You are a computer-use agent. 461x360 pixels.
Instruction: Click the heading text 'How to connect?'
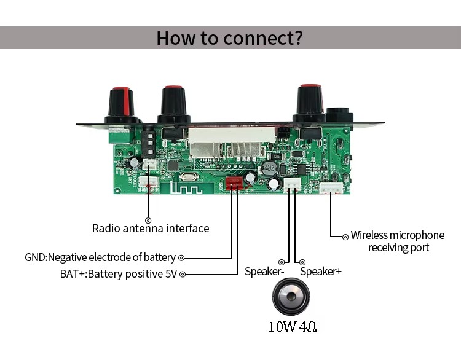click(x=230, y=37)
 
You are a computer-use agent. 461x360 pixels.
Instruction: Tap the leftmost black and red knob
click(x=120, y=105)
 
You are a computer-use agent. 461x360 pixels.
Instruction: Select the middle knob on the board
click(x=173, y=103)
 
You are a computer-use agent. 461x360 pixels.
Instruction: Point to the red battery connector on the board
click(x=234, y=183)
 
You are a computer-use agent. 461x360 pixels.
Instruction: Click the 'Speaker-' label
click(x=264, y=272)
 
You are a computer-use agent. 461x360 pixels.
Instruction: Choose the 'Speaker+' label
click(x=320, y=272)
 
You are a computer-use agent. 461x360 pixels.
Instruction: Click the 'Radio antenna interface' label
click(x=151, y=229)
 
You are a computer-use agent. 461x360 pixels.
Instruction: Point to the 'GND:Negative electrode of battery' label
click(x=100, y=257)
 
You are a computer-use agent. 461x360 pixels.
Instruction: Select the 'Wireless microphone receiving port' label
click(x=398, y=241)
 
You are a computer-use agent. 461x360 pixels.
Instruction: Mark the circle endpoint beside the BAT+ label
click(x=182, y=275)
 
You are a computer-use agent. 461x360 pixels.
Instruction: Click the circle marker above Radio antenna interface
click(x=148, y=219)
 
